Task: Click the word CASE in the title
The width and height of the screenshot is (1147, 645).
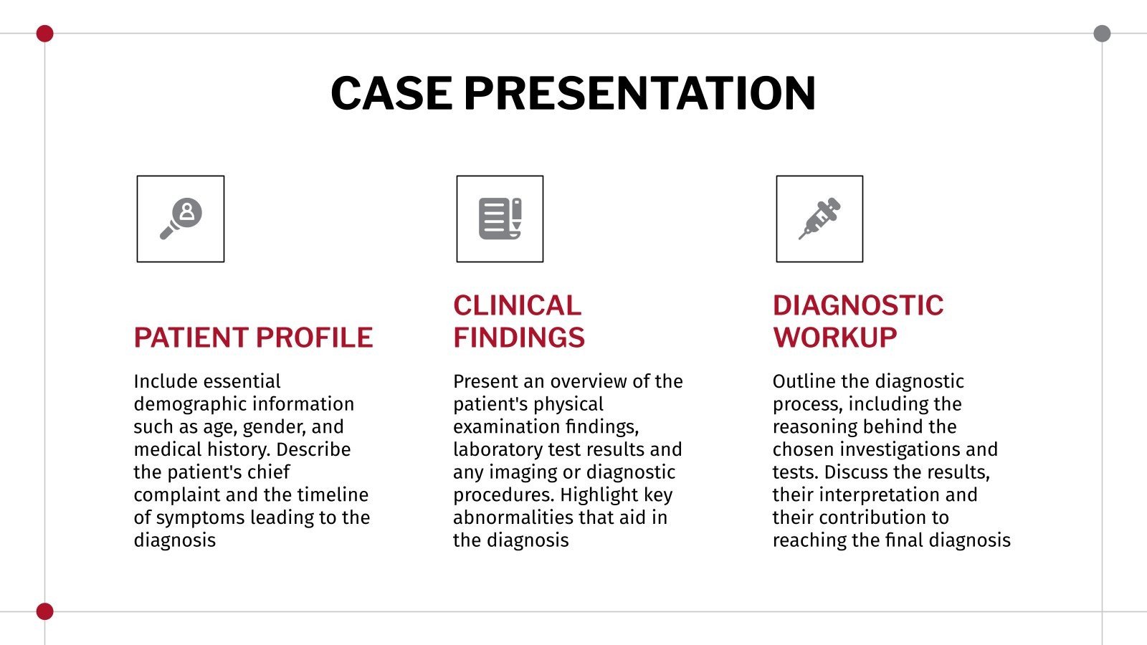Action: (x=391, y=93)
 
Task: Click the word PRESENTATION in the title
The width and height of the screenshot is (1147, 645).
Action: (x=639, y=93)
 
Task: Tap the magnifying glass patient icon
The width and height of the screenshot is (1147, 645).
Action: (x=181, y=219)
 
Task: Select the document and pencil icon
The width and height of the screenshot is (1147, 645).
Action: (x=500, y=219)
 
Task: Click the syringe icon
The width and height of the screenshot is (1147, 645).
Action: (x=819, y=219)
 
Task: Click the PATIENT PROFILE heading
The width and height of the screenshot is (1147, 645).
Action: (x=253, y=338)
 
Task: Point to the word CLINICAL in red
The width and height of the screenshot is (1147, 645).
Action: (x=517, y=306)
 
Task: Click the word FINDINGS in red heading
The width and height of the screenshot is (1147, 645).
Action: (x=519, y=338)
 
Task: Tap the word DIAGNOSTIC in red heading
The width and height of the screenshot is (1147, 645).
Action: (x=858, y=306)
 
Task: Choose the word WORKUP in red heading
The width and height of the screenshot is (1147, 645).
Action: (x=835, y=338)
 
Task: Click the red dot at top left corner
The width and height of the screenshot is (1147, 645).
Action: (x=44, y=34)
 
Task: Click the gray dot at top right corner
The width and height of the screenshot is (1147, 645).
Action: (x=1102, y=34)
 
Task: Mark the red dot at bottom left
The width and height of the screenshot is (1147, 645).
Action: (x=44, y=611)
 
